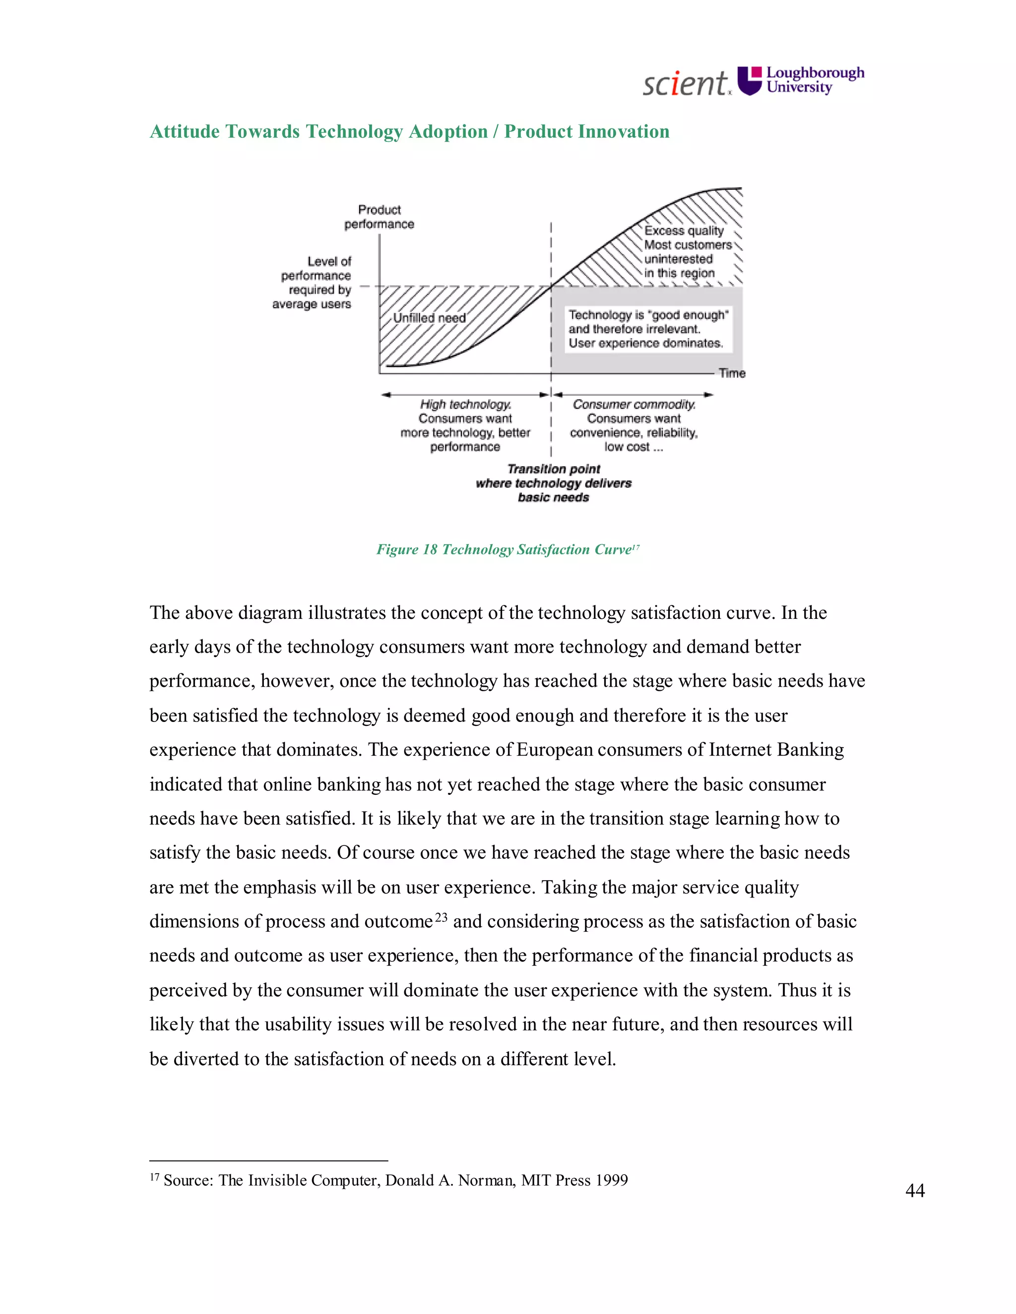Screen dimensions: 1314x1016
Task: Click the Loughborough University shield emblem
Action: click(x=750, y=81)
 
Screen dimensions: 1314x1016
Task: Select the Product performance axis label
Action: click(x=379, y=217)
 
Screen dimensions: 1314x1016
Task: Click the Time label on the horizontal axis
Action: click(x=732, y=373)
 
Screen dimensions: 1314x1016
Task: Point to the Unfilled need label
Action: click(x=429, y=318)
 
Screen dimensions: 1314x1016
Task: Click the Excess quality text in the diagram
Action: click(x=684, y=231)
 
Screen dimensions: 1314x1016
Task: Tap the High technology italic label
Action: click(x=465, y=404)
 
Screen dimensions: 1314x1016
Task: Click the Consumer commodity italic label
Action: click(x=634, y=404)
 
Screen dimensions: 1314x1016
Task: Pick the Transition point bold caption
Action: click(x=554, y=469)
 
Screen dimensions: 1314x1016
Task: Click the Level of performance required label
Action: click(x=313, y=282)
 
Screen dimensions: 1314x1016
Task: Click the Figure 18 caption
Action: click(x=507, y=549)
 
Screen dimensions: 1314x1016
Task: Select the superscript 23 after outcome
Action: click(x=441, y=917)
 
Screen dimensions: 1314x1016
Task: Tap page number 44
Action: click(x=915, y=1190)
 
